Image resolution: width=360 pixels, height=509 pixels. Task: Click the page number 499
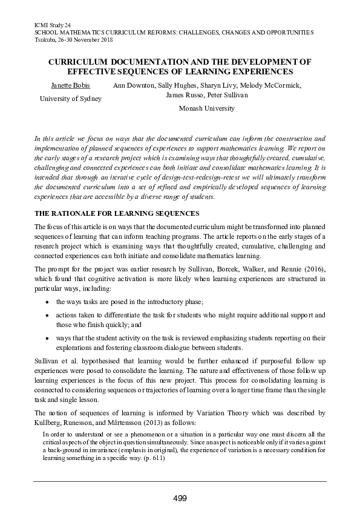pos(180,498)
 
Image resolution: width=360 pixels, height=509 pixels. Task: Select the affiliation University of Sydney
pos(71,99)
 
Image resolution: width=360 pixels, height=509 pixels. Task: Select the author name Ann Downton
pos(134,85)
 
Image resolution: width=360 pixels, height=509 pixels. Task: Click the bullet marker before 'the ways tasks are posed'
pos(47,301)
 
